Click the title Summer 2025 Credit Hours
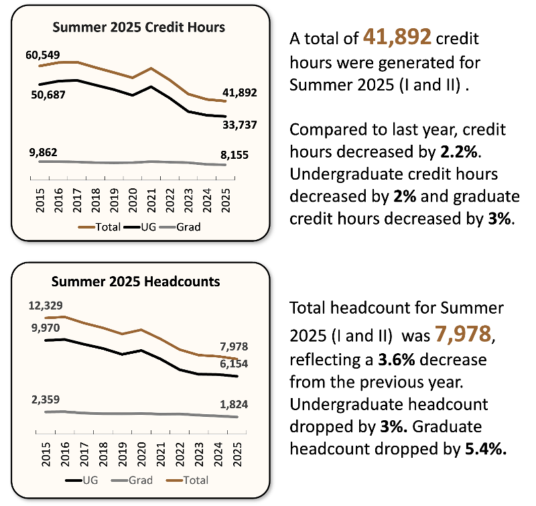[139, 27]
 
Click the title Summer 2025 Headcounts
[136, 281]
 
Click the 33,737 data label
[239, 125]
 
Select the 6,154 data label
[234, 364]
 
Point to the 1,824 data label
[234, 404]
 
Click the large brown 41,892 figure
[397, 37]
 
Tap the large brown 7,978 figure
[463, 334]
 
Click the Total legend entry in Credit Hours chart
[100, 227]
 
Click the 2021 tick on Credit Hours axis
[152, 200]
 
